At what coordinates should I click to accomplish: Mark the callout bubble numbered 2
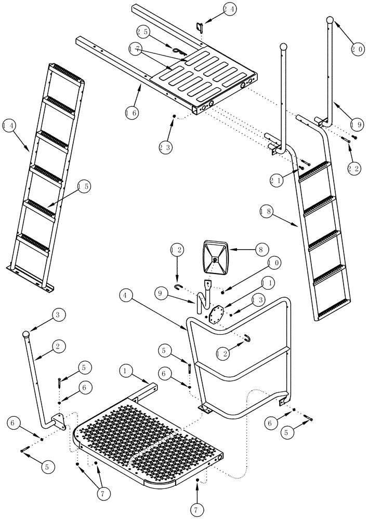(58, 346)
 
